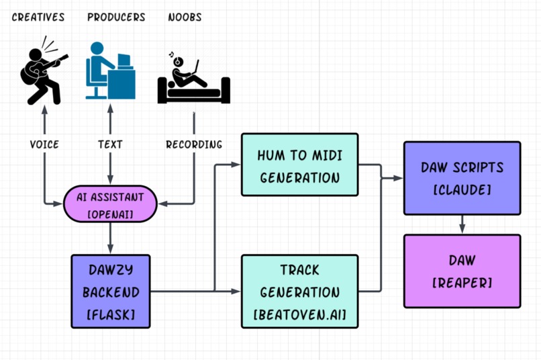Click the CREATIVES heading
(38, 17)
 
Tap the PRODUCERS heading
(116, 17)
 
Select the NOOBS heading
(185, 17)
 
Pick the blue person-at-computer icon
(110, 71)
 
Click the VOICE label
(44, 144)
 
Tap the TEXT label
(109, 144)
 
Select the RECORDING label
(194, 144)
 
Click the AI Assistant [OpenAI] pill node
(109, 204)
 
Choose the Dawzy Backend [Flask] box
(110, 291)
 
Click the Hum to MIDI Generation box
(299, 166)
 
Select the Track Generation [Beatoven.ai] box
(299, 291)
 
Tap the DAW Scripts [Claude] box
(462, 178)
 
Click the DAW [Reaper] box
(462, 271)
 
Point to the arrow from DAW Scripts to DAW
(462, 224)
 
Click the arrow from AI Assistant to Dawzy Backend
(109, 238)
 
